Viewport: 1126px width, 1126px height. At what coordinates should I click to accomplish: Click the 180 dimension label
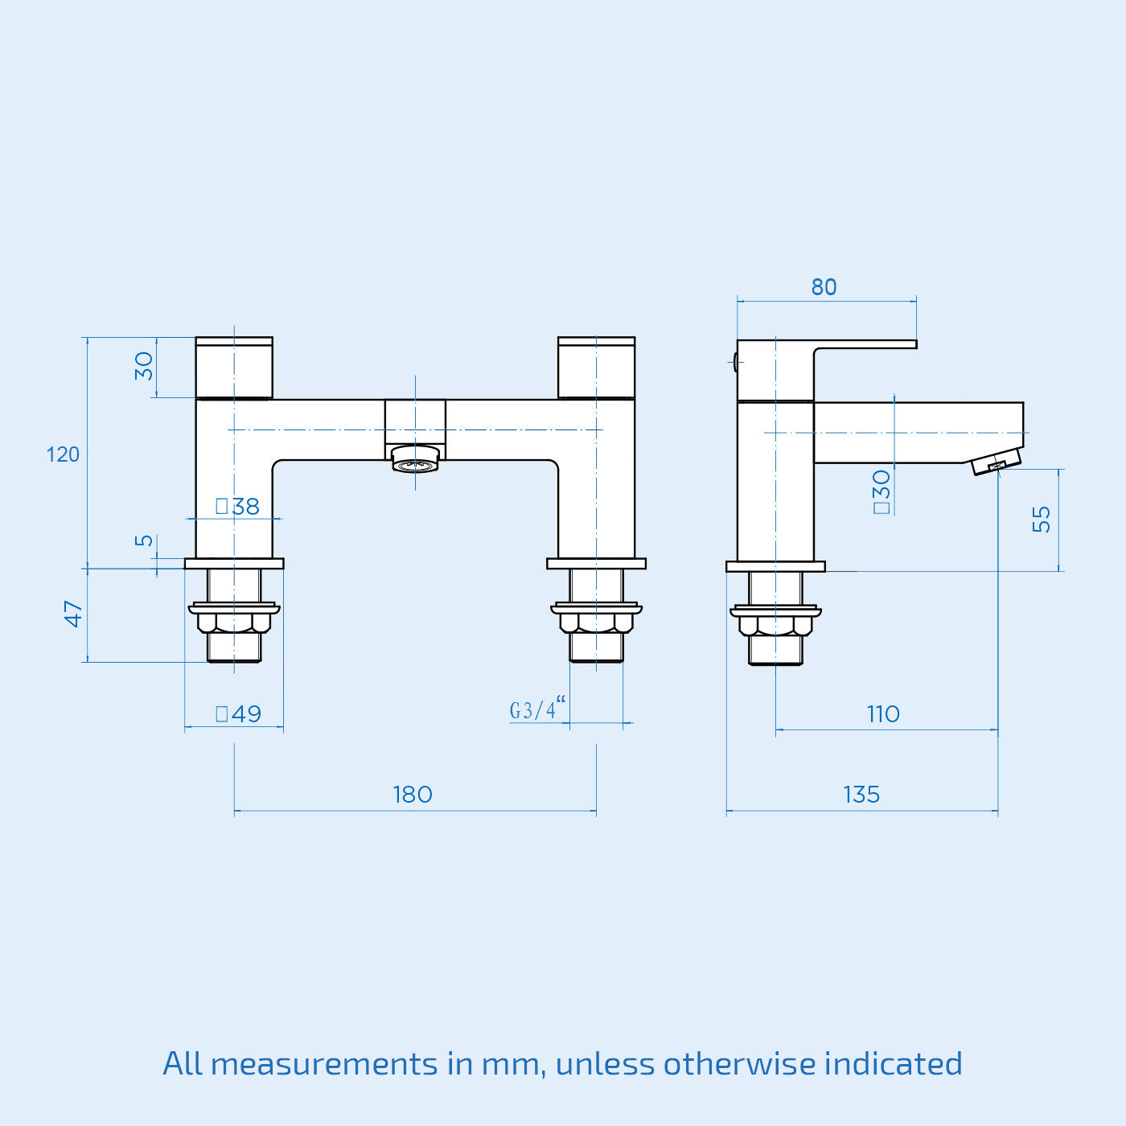tap(413, 795)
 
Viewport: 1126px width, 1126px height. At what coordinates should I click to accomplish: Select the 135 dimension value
tap(861, 795)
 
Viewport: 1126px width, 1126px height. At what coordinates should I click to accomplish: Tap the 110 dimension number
tap(883, 714)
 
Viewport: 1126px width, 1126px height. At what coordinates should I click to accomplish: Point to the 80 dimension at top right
tap(824, 287)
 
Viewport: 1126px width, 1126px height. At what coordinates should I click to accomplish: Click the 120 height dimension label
tap(63, 454)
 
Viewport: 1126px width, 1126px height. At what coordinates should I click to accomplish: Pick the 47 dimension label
tap(74, 614)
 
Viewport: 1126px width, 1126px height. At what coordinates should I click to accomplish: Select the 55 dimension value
tap(1042, 519)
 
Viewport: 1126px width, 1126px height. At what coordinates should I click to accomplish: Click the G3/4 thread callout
tap(536, 709)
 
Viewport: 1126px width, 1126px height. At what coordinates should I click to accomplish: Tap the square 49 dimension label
tap(239, 714)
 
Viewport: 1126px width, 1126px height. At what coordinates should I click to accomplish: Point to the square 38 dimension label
tap(238, 507)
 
